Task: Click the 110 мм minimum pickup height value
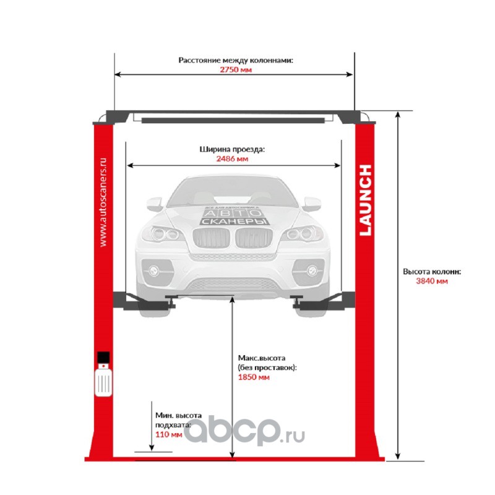169,434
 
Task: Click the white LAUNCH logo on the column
366,200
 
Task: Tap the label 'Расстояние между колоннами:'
235,61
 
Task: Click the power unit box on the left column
103,376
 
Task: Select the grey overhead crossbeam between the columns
235,118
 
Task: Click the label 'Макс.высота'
261,358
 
